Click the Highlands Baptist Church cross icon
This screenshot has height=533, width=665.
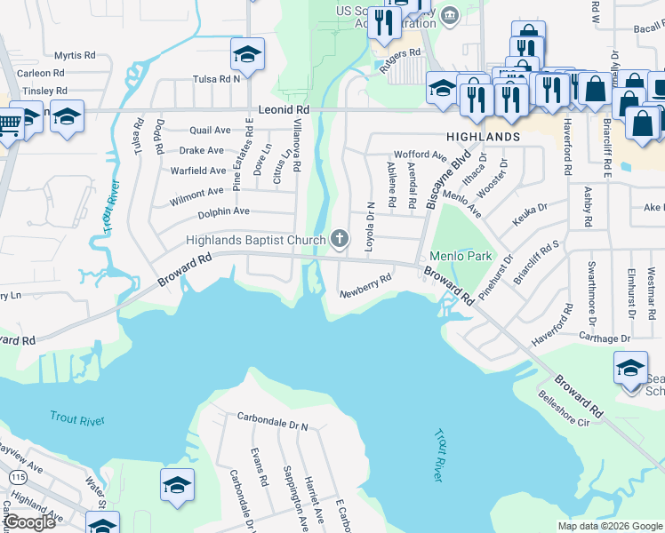point(339,238)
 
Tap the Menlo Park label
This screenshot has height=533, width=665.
point(461,256)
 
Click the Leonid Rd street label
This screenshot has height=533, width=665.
point(283,109)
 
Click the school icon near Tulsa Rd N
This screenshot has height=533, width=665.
point(247,53)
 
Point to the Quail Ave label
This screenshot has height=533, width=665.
point(210,130)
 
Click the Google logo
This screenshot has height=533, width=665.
point(29,522)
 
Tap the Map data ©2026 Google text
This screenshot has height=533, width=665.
point(610,526)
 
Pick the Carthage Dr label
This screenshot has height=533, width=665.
point(605,338)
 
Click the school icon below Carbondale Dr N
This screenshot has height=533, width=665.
point(177,486)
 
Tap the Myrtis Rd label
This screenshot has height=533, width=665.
point(74,55)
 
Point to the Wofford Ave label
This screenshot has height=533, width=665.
point(420,155)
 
